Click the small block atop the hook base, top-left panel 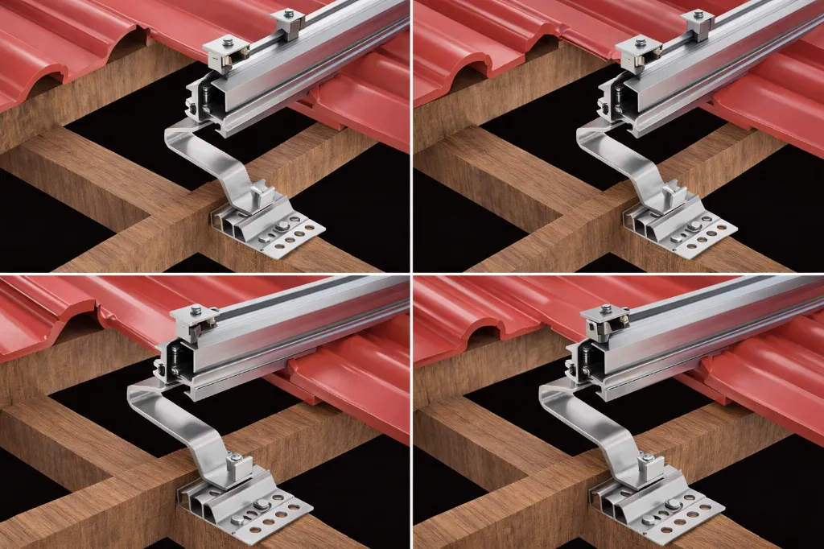tap(258, 196)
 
